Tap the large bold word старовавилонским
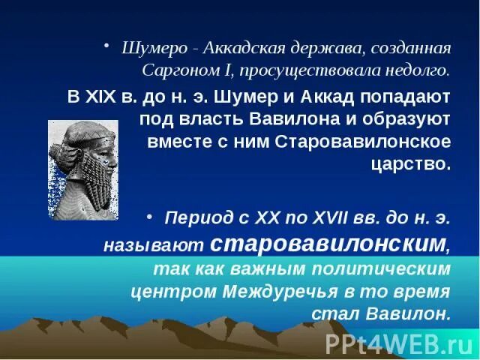[x=328, y=243]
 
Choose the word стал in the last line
[x=362, y=313]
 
